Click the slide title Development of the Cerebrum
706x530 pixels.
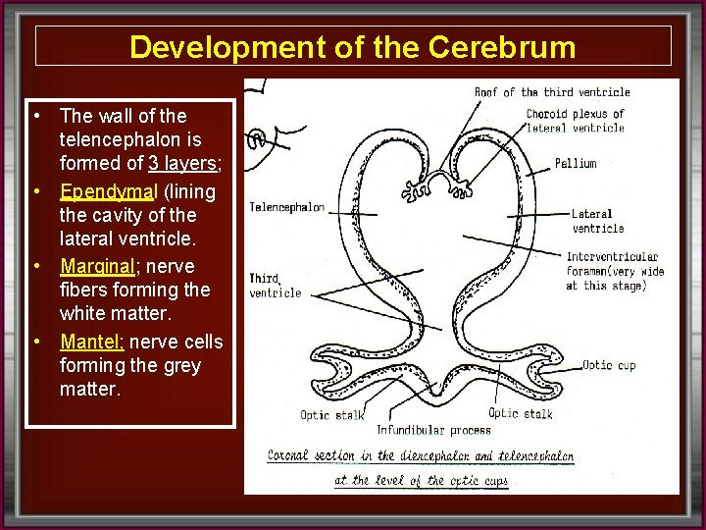[353, 46]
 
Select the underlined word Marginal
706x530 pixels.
[96, 266]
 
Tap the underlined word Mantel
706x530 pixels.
[91, 342]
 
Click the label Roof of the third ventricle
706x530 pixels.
[552, 92]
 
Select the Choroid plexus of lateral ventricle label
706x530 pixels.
[575, 122]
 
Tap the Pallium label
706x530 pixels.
[575, 163]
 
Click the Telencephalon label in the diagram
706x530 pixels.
[287, 207]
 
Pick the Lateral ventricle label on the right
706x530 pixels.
[597, 221]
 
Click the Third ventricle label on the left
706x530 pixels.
[276, 286]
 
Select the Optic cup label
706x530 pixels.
[610, 365]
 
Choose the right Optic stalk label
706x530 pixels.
[521, 413]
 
